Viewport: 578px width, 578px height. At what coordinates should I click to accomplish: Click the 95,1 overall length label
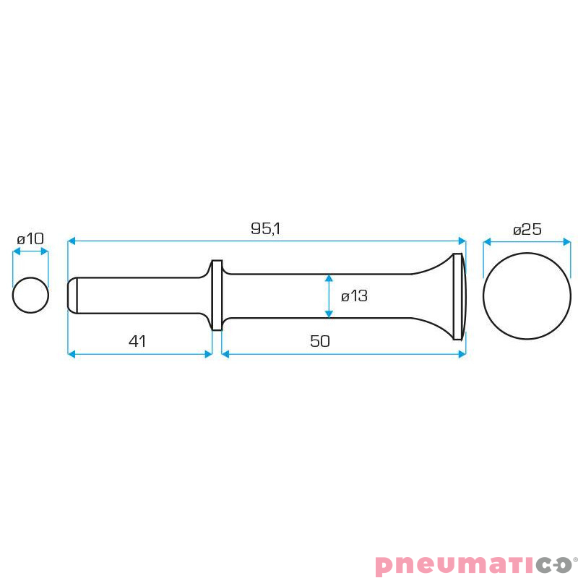click(x=265, y=228)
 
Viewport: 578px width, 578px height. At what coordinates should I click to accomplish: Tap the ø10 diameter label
click(x=30, y=239)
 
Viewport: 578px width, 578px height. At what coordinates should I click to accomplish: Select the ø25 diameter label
click(x=527, y=229)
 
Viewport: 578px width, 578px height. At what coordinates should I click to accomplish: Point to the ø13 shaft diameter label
click(x=354, y=296)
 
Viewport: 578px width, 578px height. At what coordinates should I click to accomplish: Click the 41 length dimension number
click(x=137, y=341)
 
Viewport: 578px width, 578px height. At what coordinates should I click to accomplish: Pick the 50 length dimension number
click(x=320, y=341)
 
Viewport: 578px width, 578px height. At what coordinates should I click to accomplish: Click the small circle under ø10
click(x=30, y=296)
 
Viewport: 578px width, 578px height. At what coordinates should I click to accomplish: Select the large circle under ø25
click(x=527, y=296)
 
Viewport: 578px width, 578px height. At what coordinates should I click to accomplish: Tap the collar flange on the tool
click(x=217, y=296)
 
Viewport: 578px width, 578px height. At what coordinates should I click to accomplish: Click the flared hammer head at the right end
click(x=458, y=296)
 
